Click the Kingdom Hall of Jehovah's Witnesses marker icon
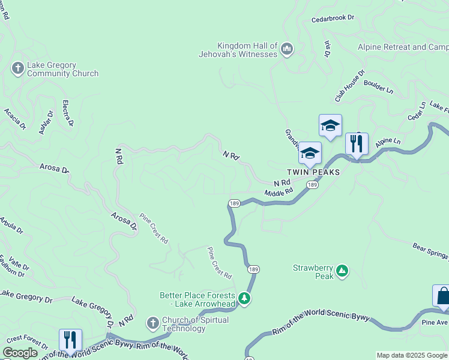point(286,49)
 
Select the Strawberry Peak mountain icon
point(342,271)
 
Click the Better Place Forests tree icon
point(244,298)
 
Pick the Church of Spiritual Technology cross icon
point(152,323)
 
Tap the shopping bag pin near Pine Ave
point(443,296)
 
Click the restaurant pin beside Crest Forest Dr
point(70,340)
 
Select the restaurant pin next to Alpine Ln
point(357,144)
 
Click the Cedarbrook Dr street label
point(333,19)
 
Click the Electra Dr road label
point(67,113)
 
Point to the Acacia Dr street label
point(15,119)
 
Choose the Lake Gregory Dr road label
point(26,295)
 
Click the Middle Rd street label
point(278,192)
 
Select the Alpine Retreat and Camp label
point(402,47)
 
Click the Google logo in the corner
point(20,353)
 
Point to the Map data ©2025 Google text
point(412,355)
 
